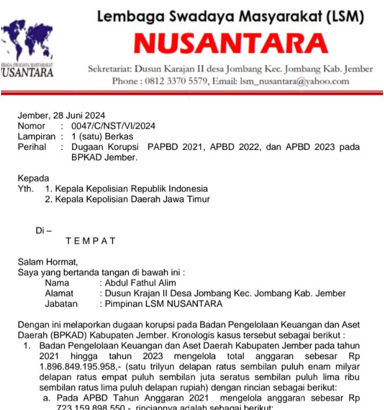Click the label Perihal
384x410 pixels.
(32, 147)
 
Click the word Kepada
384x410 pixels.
(33, 178)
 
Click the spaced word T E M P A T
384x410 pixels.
(91, 241)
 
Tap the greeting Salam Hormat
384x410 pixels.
(47, 262)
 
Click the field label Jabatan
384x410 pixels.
(61, 304)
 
